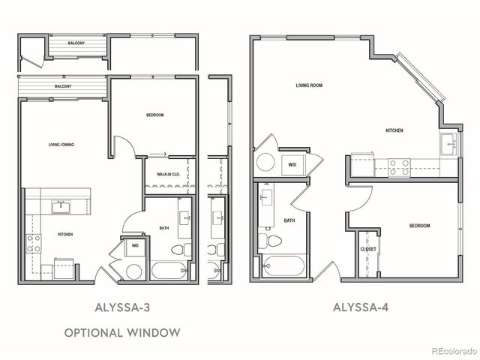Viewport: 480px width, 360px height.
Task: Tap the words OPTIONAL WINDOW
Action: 121,331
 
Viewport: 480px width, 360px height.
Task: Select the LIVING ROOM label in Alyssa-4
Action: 308,85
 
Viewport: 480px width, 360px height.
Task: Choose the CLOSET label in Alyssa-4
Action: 367,249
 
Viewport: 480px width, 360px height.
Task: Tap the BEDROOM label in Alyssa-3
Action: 154,115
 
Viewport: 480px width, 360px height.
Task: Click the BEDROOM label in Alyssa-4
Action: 419,226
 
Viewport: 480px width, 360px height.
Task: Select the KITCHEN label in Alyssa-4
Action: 394,130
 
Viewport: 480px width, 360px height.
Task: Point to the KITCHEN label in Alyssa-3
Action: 65,235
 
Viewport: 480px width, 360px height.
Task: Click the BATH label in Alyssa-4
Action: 289,220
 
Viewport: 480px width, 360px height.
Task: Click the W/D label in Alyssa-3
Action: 135,245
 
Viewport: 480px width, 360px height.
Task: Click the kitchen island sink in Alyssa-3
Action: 61,206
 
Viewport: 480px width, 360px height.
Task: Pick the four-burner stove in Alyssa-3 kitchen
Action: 34,243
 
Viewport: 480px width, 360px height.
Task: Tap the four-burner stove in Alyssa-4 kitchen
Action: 399,166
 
